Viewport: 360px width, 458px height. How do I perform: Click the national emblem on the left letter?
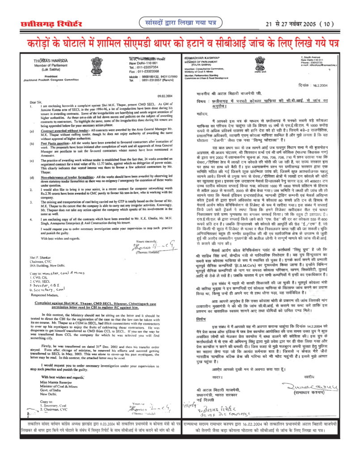click(96, 63)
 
